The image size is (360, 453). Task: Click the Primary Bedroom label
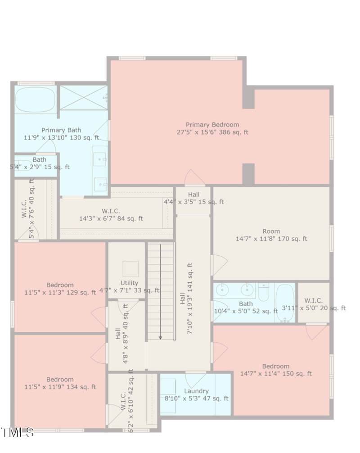pyautogui.click(x=212, y=128)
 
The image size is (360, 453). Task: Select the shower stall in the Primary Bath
pyautogui.click(x=84, y=97)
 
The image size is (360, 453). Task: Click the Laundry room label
pyautogui.click(x=196, y=395)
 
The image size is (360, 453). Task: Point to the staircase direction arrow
pyautogui.click(x=161, y=336)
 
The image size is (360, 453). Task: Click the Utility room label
pyautogui.click(x=129, y=287)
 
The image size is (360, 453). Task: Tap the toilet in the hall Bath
pyautogui.click(x=264, y=292)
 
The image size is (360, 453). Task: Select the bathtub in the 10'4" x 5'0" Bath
pyautogui.click(x=284, y=303)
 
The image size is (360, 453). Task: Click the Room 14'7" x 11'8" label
pyautogui.click(x=271, y=235)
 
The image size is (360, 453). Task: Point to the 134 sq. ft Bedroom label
pyautogui.click(x=60, y=383)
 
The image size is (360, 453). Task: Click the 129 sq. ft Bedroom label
pyautogui.click(x=60, y=289)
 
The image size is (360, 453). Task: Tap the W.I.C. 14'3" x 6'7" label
pyautogui.click(x=111, y=215)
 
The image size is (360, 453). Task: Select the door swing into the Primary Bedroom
pyautogui.click(x=194, y=178)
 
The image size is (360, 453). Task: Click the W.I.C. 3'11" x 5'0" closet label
pyautogui.click(x=313, y=304)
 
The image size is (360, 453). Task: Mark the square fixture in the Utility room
pyautogui.click(x=131, y=269)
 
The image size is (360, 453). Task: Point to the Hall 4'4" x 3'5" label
pyautogui.click(x=194, y=198)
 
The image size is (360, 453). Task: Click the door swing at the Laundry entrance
pyautogui.click(x=196, y=378)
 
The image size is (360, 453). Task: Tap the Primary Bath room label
pyautogui.click(x=61, y=134)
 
